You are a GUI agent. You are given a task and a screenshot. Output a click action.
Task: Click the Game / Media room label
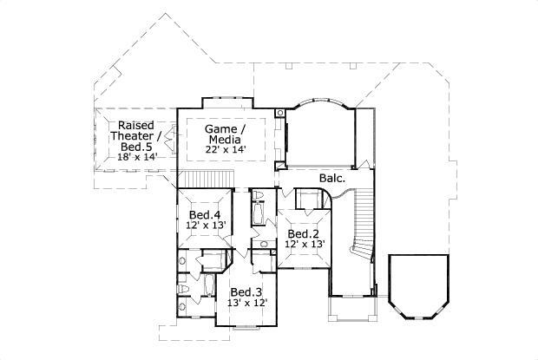click(x=223, y=134)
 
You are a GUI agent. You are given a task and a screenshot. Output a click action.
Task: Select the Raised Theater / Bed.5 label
click(x=136, y=136)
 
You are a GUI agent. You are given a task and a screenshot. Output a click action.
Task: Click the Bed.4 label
click(x=204, y=214)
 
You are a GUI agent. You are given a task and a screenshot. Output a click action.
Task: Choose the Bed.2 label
click(x=305, y=234)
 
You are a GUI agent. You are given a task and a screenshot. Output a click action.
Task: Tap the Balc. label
click(x=332, y=179)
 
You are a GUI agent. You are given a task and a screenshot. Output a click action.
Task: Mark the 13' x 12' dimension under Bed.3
click(x=247, y=303)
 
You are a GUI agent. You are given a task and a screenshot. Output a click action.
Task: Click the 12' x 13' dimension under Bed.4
click(x=205, y=226)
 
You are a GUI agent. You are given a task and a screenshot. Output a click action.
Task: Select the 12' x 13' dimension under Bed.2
click(x=305, y=245)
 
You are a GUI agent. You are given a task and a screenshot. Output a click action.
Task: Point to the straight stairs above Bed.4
click(x=205, y=179)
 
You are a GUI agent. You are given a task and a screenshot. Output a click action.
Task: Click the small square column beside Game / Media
click(x=279, y=113)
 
